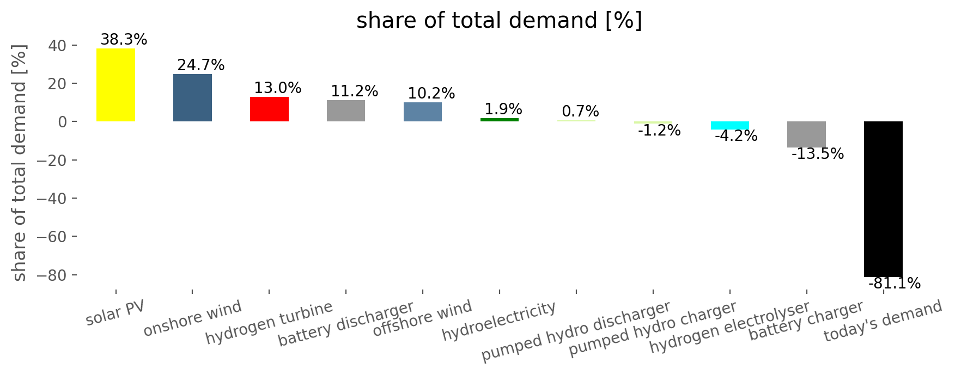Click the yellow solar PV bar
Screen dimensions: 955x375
tap(115, 85)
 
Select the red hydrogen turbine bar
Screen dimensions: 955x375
tap(269, 109)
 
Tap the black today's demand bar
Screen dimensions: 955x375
tap(883, 199)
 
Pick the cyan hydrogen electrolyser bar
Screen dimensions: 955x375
tap(730, 125)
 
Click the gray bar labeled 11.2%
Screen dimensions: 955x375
tap(346, 110)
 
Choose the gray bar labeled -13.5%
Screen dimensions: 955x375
tap(807, 134)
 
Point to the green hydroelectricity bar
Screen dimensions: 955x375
tap(500, 120)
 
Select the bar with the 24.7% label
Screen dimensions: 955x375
tap(192, 97)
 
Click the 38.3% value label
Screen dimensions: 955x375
tap(124, 40)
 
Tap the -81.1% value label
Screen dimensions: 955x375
tap(894, 284)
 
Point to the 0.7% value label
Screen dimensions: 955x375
tap(580, 112)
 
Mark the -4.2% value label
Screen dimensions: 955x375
tap(736, 136)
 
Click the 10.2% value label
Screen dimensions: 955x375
tap(431, 94)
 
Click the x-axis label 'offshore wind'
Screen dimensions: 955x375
tap(422, 318)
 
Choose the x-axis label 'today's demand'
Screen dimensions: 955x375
tap(883, 321)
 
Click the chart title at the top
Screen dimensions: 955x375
tap(500, 21)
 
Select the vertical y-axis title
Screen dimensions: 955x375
tap(20, 163)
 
